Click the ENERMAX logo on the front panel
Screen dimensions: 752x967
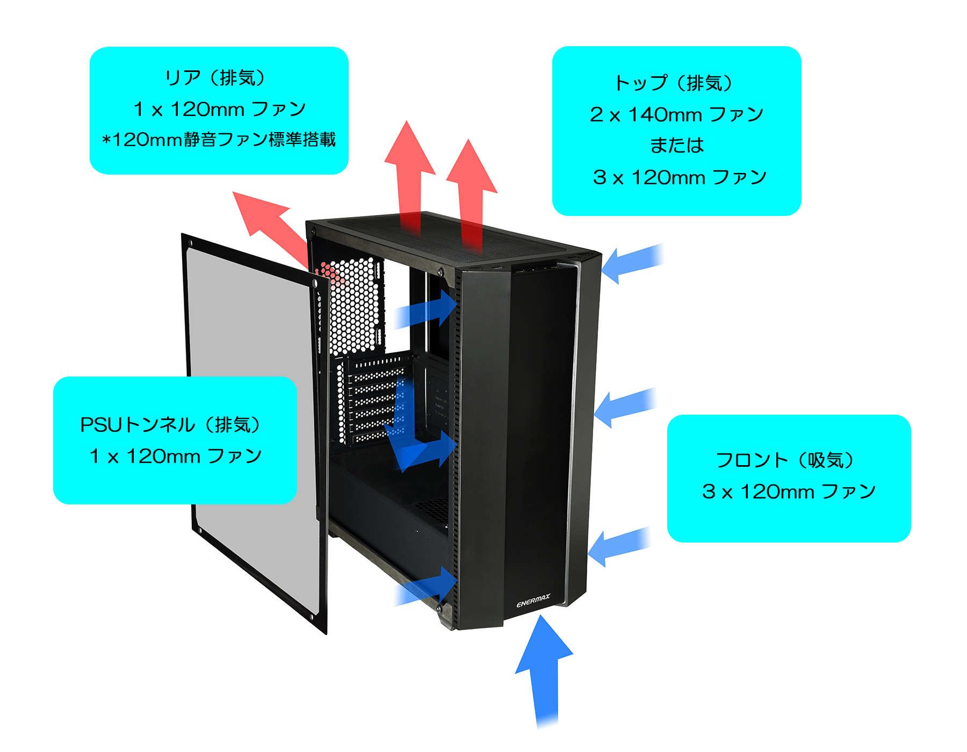(533, 601)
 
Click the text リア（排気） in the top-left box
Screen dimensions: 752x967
(215, 78)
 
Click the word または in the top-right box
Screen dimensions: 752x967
(676, 146)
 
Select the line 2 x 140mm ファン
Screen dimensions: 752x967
(676, 114)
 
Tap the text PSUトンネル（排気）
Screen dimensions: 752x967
(170, 425)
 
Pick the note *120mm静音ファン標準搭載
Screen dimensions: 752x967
(219, 140)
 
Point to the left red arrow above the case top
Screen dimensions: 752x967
(409, 172)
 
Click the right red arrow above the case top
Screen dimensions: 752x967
(471, 188)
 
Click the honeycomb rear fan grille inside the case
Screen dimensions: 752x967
(352, 306)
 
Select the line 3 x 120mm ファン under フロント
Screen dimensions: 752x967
(788, 491)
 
